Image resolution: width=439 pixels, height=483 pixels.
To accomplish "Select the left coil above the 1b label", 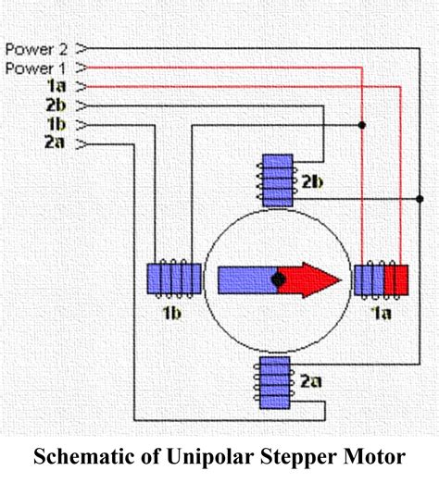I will [x=173, y=278].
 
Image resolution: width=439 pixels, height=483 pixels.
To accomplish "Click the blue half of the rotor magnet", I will [x=246, y=278].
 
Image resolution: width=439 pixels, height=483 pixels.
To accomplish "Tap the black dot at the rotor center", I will [x=279, y=278].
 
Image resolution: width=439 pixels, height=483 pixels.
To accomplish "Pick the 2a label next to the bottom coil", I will [x=313, y=379].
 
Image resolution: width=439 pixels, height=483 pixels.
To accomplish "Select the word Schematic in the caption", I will [x=81, y=456].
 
